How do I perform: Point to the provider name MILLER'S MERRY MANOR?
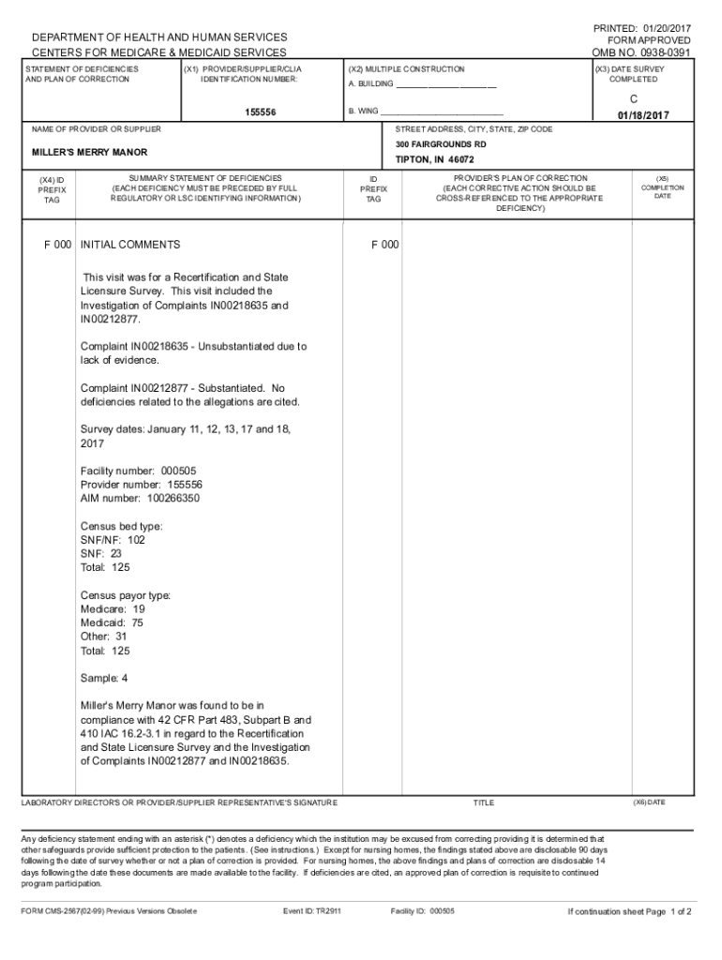point(90,152)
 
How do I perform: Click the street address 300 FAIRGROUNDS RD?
point(441,144)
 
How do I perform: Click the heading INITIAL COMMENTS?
point(130,245)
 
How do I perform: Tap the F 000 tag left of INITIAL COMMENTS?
point(58,245)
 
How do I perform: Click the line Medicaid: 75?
point(113,622)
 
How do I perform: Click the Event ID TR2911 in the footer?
point(323,911)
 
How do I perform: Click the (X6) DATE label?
point(649,802)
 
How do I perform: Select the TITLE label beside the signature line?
point(483,803)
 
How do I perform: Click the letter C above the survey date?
point(633,97)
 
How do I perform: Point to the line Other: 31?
point(104,637)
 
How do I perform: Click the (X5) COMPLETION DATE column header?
point(662,187)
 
